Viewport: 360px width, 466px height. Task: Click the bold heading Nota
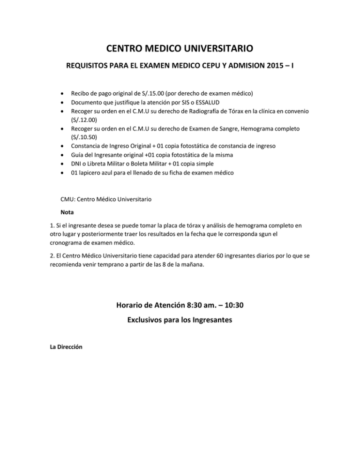[67, 212]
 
